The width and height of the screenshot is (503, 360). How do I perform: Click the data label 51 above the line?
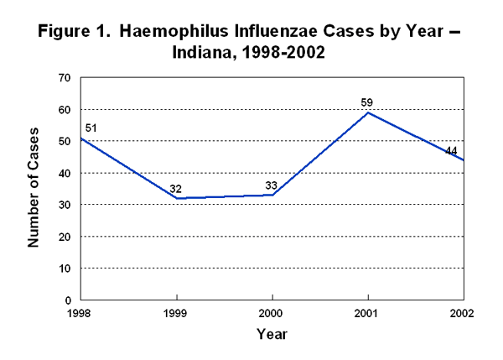click(x=92, y=128)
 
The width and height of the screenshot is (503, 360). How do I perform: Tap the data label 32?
click(x=176, y=189)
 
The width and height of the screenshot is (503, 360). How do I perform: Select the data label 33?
click(x=272, y=185)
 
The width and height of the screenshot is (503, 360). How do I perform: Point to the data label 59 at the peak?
click(x=366, y=103)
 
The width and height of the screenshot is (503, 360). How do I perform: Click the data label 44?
click(x=451, y=151)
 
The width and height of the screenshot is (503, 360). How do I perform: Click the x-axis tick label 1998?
click(x=80, y=314)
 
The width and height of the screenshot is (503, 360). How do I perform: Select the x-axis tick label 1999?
click(x=176, y=314)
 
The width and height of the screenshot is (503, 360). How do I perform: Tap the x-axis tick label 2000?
click(x=272, y=314)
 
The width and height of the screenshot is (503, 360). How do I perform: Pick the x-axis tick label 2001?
click(x=367, y=314)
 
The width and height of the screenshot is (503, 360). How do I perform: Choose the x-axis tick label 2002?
click(x=462, y=314)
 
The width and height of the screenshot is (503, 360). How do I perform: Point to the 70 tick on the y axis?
click(x=65, y=78)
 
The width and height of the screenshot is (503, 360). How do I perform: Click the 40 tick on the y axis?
click(x=65, y=173)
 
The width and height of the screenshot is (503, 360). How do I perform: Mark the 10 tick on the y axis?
click(x=65, y=269)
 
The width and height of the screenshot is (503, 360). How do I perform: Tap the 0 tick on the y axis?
click(x=67, y=300)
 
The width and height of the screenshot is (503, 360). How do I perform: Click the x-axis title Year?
click(x=272, y=334)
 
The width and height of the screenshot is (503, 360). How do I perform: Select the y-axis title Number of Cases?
click(x=35, y=189)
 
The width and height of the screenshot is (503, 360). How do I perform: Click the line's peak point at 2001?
click(x=367, y=112)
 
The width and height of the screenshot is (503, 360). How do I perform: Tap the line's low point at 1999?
click(x=176, y=198)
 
